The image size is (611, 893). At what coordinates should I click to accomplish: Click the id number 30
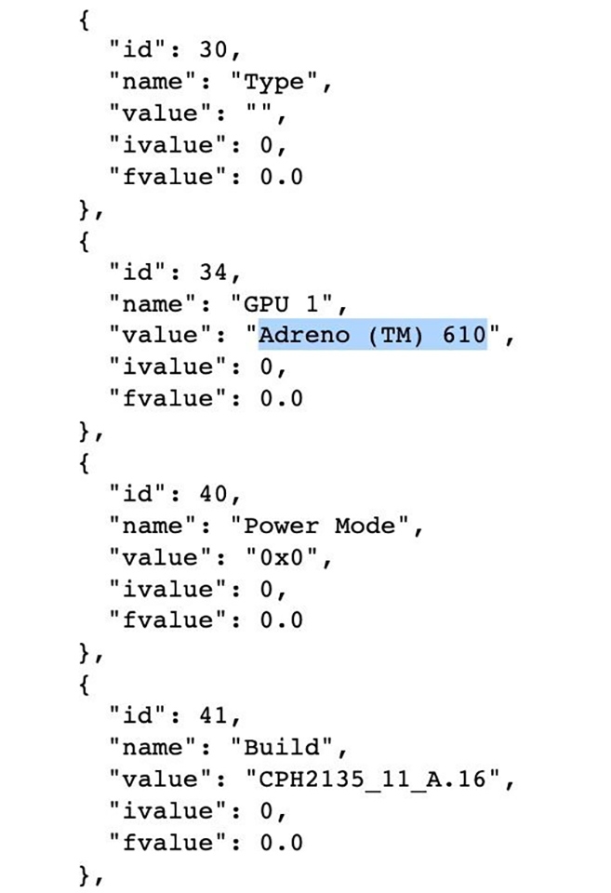click(x=214, y=50)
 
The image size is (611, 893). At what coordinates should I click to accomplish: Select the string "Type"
click(x=274, y=83)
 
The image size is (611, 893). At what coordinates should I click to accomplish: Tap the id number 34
click(x=214, y=273)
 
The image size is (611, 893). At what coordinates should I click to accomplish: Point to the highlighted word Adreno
click(x=305, y=335)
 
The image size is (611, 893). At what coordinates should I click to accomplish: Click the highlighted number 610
click(x=465, y=335)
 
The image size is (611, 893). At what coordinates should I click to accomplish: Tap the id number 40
click(x=214, y=494)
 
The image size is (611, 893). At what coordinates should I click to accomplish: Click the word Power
click(x=281, y=526)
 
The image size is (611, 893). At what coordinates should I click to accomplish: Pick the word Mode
click(x=365, y=526)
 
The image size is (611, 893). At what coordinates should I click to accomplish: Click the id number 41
click(x=214, y=716)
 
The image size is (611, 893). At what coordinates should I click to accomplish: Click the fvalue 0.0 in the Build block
click(x=281, y=843)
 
